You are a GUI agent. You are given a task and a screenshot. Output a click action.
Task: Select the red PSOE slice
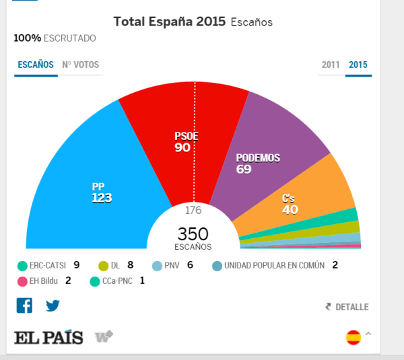[187, 141]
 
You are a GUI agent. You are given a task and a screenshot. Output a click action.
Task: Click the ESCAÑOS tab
[36, 65]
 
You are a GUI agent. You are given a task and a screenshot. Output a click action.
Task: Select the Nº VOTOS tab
[80, 65]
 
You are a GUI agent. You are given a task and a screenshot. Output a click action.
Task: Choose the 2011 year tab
[331, 65]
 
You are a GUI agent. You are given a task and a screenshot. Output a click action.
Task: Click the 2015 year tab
[358, 65]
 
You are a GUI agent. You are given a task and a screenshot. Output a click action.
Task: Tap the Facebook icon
[24, 305]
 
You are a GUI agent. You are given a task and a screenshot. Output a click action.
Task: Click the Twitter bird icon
[53, 305]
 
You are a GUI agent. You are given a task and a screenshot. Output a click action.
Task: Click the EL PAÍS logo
[48, 337]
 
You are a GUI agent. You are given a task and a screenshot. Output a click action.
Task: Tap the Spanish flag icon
[353, 337]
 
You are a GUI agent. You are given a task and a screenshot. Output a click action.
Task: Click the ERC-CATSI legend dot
[22, 265]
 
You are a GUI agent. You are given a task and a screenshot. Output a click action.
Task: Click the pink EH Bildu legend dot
[22, 281]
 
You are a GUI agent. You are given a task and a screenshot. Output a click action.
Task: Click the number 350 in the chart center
[193, 233]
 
